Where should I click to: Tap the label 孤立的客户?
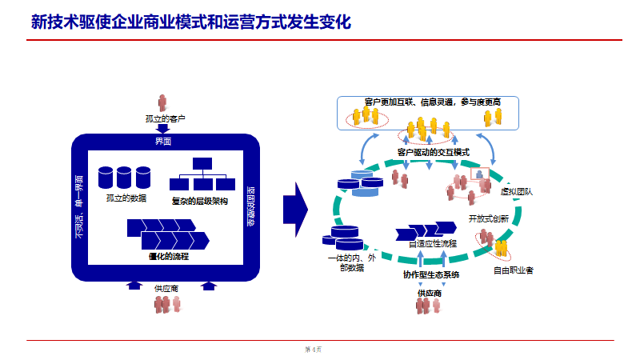pyautogui.click(x=166, y=119)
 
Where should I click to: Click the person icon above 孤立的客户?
pyautogui.click(x=163, y=103)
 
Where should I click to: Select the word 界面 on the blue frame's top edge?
pyautogui.click(x=163, y=141)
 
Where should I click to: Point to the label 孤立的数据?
pyautogui.click(x=126, y=198)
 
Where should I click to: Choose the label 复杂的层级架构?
pyautogui.click(x=200, y=201)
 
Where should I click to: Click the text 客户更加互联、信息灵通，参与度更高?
pyautogui.click(x=432, y=102)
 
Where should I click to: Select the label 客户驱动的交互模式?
pyautogui.click(x=433, y=152)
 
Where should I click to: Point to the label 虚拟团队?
pyautogui.click(x=516, y=192)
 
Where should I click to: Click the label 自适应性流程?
pyautogui.click(x=432, y=243)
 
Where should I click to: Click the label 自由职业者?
pyautogui.click(x=513, y=270)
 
